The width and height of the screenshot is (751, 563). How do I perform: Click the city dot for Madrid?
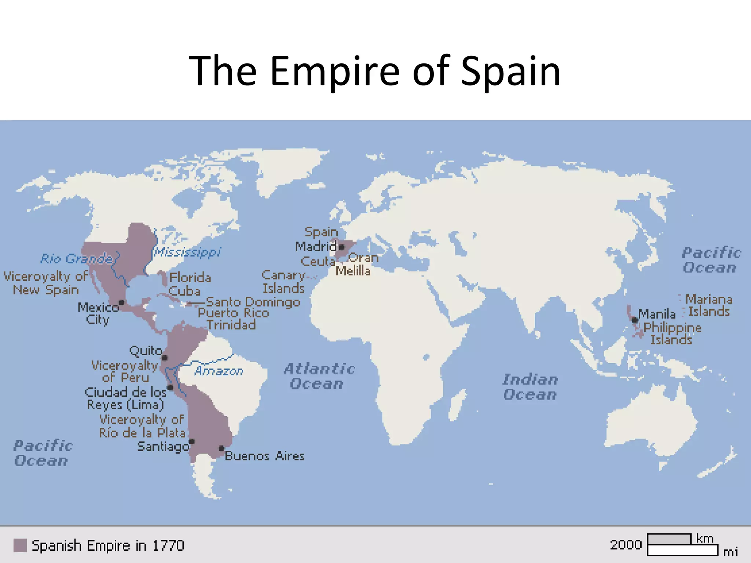341,247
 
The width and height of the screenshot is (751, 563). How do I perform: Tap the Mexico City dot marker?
121,302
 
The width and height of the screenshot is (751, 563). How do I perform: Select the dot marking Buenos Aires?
221,448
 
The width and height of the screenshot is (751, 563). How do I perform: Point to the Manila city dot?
635,320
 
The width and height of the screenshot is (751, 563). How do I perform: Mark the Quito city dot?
165,358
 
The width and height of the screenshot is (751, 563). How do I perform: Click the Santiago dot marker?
191,441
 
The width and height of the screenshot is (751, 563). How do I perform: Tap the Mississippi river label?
187,252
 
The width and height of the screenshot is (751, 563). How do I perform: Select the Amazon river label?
219,371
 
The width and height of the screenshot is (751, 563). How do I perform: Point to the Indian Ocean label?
530,387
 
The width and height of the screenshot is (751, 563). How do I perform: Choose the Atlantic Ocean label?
319,376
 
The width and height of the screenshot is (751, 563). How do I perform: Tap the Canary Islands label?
283,281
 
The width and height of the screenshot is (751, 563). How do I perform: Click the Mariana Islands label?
708,305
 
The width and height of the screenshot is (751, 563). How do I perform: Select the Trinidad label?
231,325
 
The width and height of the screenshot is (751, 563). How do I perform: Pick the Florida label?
190,277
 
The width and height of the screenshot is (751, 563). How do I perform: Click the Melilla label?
353,271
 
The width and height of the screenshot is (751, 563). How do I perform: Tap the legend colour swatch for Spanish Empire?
20,545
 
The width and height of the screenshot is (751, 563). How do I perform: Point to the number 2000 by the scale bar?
626,545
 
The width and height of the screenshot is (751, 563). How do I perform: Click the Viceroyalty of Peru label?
125,371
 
